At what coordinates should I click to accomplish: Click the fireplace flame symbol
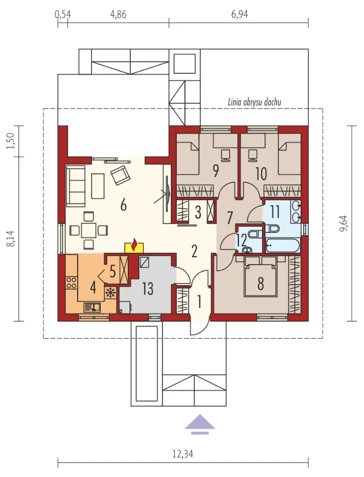(134, 245)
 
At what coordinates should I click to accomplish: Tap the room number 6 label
(123, 205)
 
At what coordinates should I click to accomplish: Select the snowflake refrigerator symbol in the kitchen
(110, 293)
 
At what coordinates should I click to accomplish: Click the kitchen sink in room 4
(92, 307)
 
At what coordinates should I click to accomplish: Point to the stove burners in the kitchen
(72, 283)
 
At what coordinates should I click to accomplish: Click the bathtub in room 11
(283, 246)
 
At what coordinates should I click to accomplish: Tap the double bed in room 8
(261, 280)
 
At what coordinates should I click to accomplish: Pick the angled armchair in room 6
(120, 175)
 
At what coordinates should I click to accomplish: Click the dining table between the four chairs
(89, 230)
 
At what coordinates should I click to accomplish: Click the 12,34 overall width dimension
(183, 454)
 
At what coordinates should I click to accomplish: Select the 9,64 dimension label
(344, 224)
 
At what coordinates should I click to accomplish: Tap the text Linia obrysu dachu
(254, 102)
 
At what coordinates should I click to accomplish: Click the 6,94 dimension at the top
(239, 14)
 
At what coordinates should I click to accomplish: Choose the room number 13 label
(148, 289)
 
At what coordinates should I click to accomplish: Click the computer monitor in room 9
(225, 155)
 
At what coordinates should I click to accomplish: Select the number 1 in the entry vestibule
(199, 301)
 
